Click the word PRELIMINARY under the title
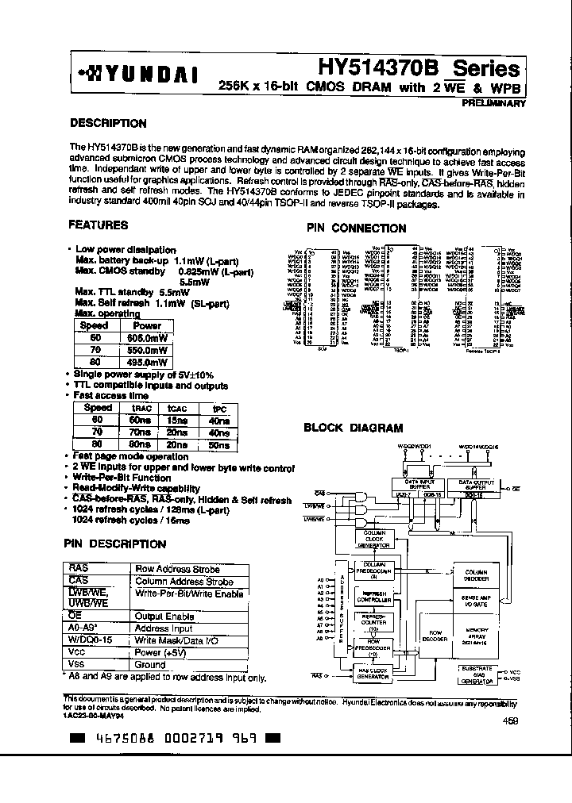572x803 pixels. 493,103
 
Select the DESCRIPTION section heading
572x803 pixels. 108,124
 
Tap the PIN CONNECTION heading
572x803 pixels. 357,228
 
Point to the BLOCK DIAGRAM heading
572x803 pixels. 354,428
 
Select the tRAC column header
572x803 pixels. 140,408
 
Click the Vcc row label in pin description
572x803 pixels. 77,652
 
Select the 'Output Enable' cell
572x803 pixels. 164,617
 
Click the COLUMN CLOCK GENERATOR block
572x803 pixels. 374,540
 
